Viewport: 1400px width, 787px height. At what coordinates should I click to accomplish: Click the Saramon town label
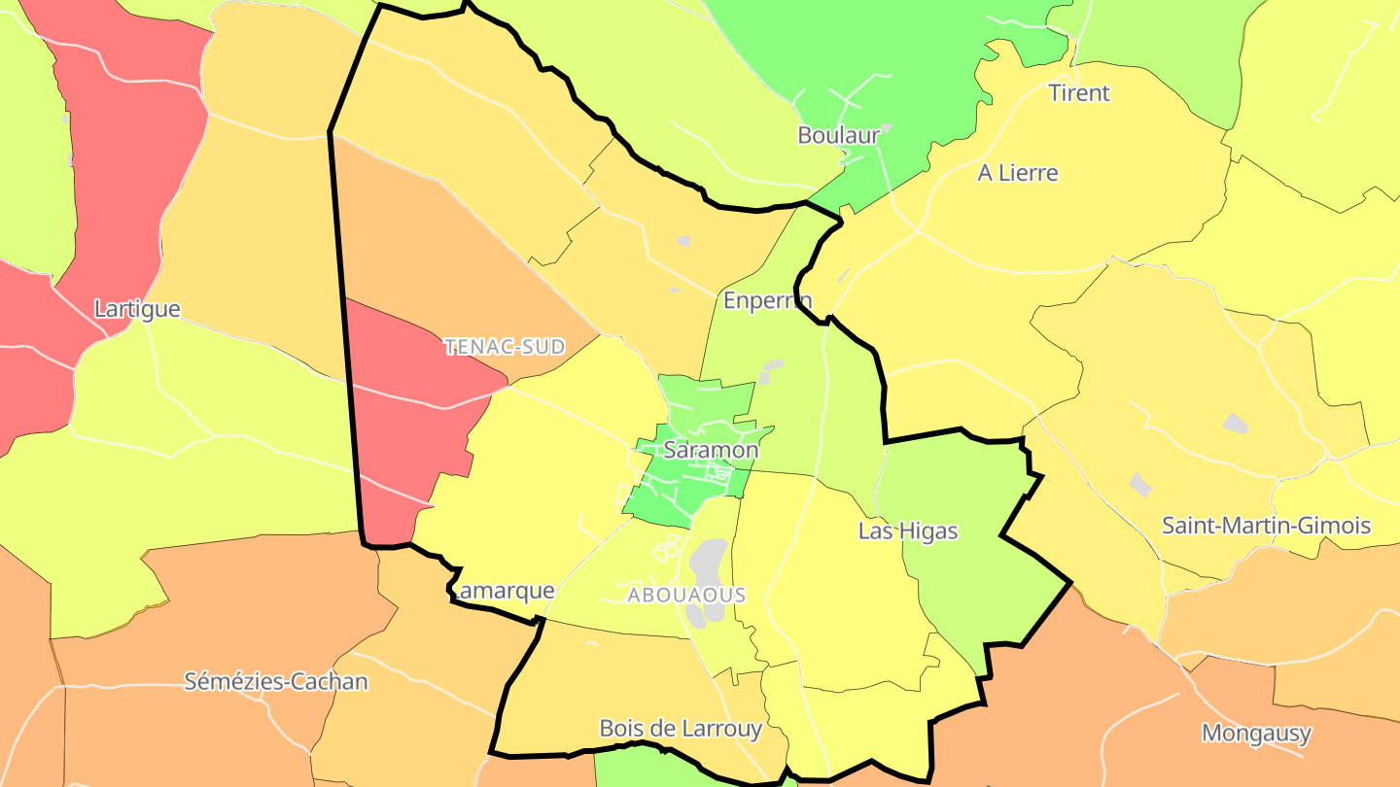tap(711, 450)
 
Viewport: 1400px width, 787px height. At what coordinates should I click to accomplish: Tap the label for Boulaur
tap(838, 135)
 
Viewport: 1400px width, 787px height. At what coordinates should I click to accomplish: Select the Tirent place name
tap(1079, 93)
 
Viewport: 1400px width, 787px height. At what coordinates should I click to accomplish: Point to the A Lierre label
tap(1018, 173)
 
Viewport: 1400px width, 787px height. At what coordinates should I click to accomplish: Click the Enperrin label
tap(767, 300)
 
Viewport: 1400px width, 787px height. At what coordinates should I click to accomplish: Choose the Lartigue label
tap(137, 309)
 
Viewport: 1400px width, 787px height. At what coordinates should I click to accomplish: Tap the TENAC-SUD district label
tap(505, 347)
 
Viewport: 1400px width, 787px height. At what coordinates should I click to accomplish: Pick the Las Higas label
tap(908, 531)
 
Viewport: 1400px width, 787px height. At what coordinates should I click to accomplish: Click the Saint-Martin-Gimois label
tap(1266, 526)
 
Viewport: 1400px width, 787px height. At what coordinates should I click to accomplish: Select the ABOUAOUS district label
tap(686, 595)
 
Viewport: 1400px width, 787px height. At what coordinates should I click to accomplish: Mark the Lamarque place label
tap(506, 590)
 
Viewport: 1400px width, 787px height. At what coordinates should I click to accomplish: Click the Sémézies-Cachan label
tap(276, 681)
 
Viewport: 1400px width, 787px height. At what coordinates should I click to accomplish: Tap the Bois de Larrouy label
tap(681, 728)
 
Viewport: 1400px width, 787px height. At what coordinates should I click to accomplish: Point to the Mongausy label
tap(1256, 733)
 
